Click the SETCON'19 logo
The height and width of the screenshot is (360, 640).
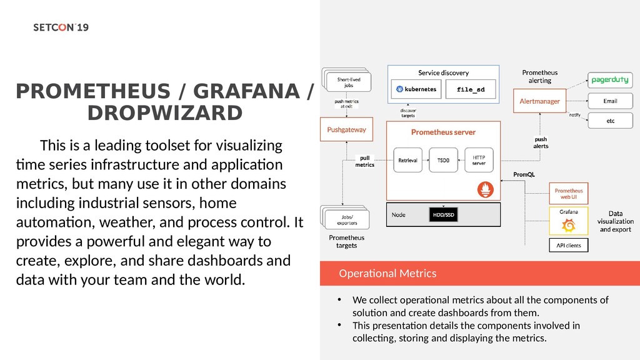coord(61,28)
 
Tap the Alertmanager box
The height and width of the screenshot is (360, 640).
coord(539,101)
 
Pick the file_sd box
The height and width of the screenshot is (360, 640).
coord(471,89)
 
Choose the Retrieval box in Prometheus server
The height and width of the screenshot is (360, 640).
coord(408,160)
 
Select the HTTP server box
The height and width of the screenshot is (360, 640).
coord(479,160)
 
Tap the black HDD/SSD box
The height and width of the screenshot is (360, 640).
coord(442,215)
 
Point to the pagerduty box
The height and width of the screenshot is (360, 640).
coord(610,80)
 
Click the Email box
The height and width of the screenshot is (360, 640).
coord(610,101)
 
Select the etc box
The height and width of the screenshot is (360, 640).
coord(610,121)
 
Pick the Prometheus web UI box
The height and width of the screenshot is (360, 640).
coord(569,194)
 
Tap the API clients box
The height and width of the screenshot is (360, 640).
coord(569,245)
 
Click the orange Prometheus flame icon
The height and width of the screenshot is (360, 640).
coord(485,189)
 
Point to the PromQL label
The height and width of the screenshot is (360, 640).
coord(524,174)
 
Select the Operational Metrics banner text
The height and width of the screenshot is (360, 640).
coord(387,274)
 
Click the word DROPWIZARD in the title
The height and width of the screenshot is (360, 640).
coord(164,114)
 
